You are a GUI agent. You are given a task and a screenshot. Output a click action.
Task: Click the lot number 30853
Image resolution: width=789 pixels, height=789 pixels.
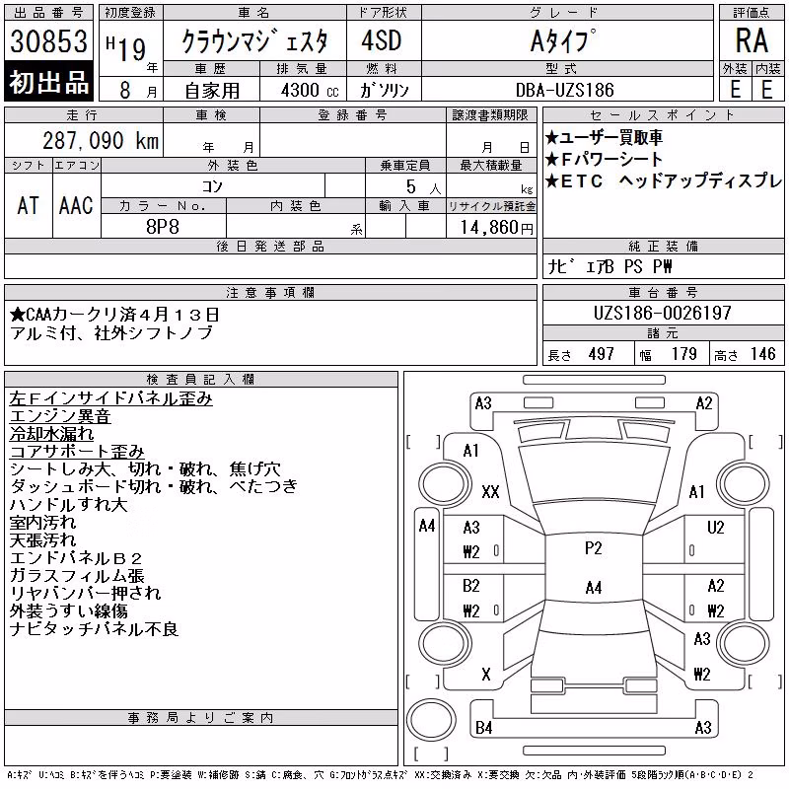(48, 41)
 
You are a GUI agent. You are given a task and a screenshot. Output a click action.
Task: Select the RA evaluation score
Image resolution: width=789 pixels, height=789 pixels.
(752, 40)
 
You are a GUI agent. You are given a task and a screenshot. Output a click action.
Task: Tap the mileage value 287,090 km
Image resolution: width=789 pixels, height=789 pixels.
(101, 140)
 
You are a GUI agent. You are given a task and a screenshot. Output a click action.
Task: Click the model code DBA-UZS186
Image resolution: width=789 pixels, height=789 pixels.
(564, 90)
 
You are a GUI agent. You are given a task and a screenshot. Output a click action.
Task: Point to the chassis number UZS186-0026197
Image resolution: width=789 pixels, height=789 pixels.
(662, 313)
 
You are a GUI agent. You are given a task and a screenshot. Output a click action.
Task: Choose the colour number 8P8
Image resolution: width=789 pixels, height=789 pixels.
(163, 227)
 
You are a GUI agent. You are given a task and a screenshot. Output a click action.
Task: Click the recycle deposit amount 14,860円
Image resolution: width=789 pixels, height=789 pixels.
(497, 228)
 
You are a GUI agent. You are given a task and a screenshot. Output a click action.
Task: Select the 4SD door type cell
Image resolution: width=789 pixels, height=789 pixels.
(382, 40)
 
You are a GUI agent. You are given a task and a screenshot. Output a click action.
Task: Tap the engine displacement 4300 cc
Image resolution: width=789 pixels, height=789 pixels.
(310, 91)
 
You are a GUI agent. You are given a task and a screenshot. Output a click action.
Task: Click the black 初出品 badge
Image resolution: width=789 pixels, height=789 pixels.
(48, 82)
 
